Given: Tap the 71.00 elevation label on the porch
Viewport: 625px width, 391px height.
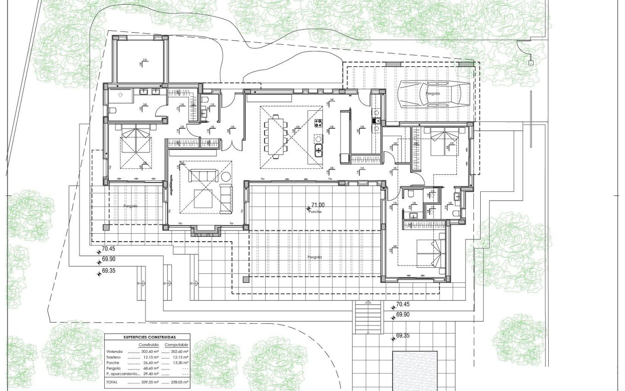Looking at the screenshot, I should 318,205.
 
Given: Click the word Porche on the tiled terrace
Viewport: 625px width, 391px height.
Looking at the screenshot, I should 315,212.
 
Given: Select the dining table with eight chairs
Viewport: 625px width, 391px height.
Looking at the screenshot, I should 275,137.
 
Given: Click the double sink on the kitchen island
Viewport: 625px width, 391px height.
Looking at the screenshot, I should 318,148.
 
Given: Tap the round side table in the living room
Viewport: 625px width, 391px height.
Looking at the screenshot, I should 226,178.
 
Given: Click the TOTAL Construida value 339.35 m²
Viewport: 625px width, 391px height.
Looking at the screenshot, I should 150,382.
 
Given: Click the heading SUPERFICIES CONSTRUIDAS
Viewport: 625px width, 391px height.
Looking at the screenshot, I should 147,337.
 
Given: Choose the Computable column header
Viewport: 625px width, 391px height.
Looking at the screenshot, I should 176,345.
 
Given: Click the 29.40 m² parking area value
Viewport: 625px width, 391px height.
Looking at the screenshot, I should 150,374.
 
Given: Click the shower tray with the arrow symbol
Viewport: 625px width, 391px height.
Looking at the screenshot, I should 120,96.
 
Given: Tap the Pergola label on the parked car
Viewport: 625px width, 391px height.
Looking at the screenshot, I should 432,93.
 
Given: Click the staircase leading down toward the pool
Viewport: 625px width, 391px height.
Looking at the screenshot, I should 368,317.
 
